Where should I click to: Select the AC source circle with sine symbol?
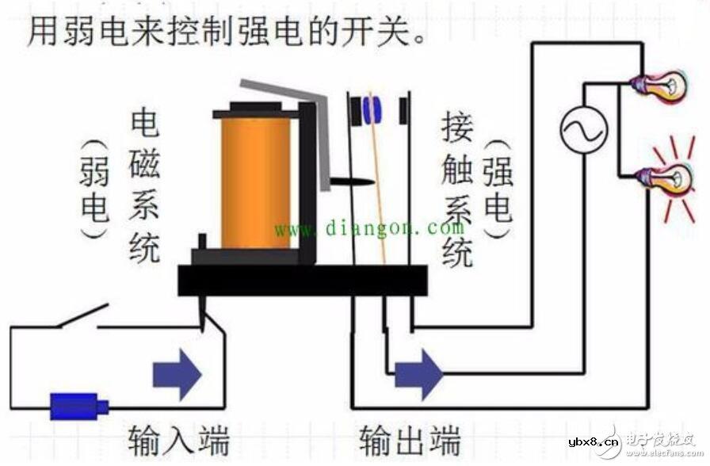pos(584,129)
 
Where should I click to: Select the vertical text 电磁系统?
pos(145,186)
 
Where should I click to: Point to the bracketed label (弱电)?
pos(94,190)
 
